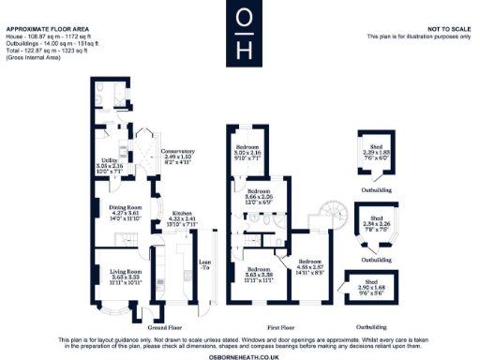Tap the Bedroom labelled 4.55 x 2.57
pyautogui.click(x=309, y=266)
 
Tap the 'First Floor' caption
pyautogui.click(x=276, y=328)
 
